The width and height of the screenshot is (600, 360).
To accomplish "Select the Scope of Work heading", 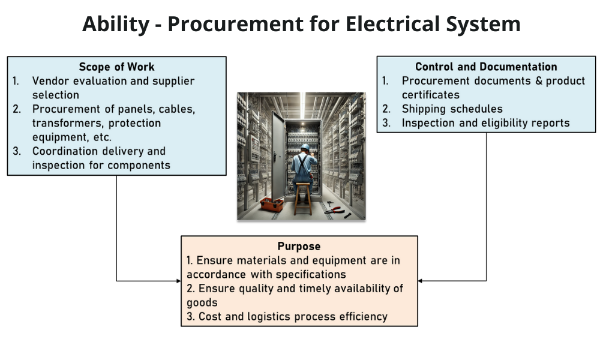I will (116, 67).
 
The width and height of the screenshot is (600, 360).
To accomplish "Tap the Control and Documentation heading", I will (486, 67).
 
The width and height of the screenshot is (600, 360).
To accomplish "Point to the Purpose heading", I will (299, 246).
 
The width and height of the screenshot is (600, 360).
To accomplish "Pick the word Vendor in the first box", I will (50, 81).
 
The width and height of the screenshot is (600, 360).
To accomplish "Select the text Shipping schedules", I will (452, 109).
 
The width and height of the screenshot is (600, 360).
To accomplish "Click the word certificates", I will (430, 95).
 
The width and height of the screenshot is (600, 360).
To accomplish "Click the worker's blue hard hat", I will (305, 147).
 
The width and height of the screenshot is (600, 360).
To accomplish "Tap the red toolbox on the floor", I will (271, 204).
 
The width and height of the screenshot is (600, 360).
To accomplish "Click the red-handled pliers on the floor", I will (335, 209).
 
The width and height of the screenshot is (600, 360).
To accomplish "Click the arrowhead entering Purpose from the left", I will (178, 280).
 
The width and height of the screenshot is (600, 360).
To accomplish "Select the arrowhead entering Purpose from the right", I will (421, 280).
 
